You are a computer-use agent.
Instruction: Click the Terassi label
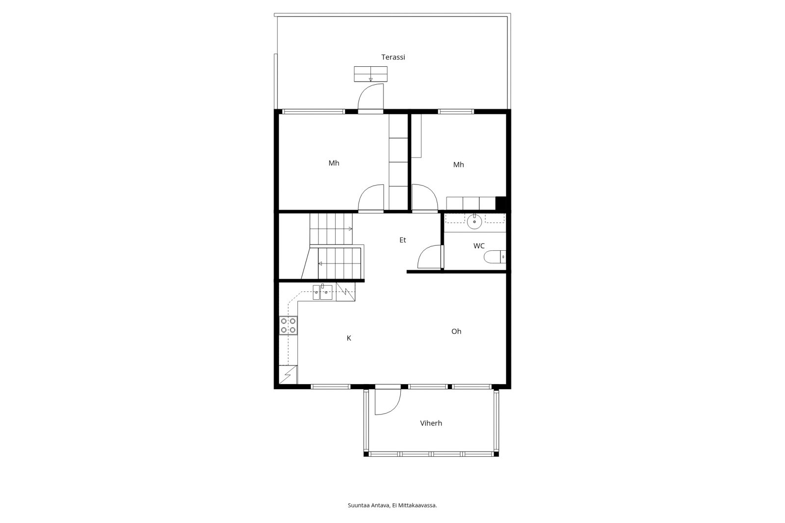(393, 57)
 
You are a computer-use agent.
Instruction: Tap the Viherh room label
(431, 423)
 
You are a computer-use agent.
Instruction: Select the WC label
(479, 246)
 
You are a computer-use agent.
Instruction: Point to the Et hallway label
(402, 240)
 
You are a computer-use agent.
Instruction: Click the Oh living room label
(456, 331)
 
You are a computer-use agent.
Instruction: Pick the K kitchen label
(349, 338)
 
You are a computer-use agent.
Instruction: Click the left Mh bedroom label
(334, 163)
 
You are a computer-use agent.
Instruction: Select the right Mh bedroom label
(458, 164)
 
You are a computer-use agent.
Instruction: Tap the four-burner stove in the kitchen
(288, 326)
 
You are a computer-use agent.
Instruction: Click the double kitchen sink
(322, 292)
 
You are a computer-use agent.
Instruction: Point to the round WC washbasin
(474, 222)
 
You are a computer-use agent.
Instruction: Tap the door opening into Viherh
(387, 401)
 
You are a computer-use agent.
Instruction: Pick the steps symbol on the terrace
(370, 74)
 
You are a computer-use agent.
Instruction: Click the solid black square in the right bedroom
(500, 203)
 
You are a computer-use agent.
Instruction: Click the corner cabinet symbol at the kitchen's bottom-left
(288, 375)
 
